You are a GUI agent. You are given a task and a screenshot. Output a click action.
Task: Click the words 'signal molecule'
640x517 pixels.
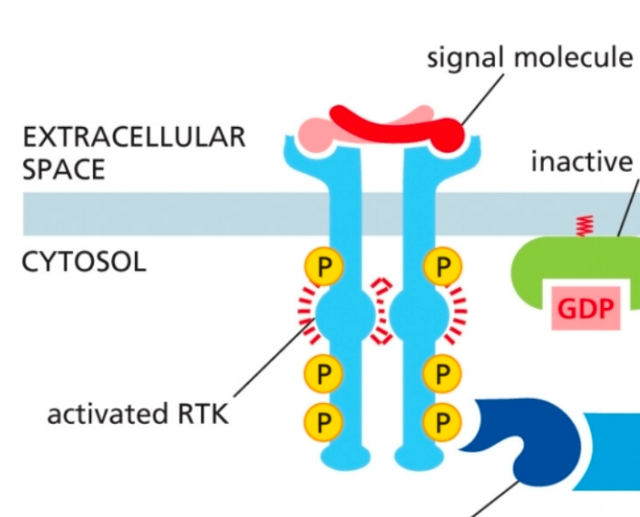530,57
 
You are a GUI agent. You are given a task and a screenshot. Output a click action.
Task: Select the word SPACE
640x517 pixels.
64,170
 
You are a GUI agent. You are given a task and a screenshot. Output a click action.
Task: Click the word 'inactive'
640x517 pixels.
581,161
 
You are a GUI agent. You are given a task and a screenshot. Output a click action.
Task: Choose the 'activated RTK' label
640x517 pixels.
137,414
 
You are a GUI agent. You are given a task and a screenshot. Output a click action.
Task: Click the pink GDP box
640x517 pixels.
585,309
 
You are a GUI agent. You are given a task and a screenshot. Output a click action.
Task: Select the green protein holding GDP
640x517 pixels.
541,271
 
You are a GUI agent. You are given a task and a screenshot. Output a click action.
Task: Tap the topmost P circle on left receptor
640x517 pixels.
323,267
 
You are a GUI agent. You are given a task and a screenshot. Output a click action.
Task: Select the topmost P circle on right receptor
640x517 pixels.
442,267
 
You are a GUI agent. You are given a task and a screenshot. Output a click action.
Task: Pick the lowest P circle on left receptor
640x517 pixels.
323,422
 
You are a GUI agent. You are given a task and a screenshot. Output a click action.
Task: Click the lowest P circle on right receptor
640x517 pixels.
442,422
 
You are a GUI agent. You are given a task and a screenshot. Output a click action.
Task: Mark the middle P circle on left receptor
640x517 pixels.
323,373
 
